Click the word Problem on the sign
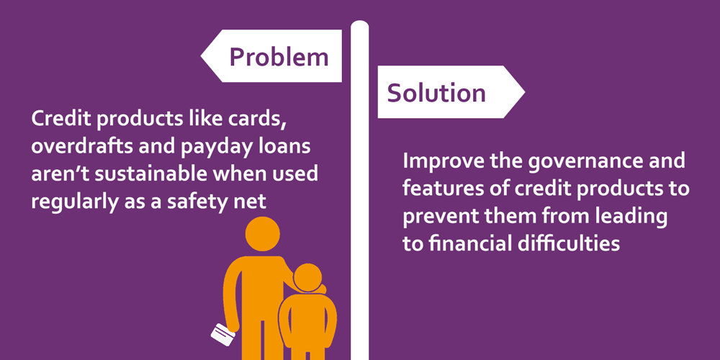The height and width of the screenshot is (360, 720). [x=279, y=58]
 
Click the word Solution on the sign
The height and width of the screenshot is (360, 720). [x=436, y=93]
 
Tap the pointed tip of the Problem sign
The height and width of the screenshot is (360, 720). [x=201, y=56]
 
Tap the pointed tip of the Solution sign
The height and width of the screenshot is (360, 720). [x=524, y=92]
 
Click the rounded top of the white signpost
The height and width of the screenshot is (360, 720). [x=359, y=24]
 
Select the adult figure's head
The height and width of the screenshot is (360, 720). [x=263, y=233]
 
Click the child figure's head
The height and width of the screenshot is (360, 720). [x=307, y=278]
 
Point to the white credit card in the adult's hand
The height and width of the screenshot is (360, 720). [x=222, y=335]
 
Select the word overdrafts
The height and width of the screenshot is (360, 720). [x=73, y=148]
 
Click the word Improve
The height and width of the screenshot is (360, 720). [x=436, y=162]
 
